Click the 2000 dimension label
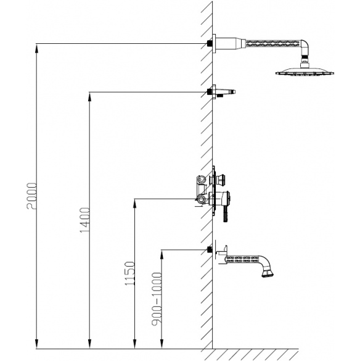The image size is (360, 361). point(31,196)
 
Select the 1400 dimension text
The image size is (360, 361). point(84,220)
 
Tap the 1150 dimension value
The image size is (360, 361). point(129,273)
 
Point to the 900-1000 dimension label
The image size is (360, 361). point(157,299)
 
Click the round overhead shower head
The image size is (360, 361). point(305,71)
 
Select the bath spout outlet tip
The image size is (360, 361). point(268,274)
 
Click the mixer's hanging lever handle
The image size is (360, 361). point(226,214)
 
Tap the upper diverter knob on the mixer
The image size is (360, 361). point(221,178)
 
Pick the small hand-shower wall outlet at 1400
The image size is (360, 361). point(221,91)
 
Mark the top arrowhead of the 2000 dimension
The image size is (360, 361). point(36,48)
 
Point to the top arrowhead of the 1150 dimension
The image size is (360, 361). point(135,203)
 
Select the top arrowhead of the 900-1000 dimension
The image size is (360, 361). point(162,254)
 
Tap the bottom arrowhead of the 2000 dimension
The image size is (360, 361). point(36,344)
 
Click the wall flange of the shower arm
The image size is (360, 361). point(214,44)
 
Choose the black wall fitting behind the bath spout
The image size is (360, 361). point(210,249)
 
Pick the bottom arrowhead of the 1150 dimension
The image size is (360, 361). point(135,344)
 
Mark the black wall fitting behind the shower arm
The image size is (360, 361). point(210,43)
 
